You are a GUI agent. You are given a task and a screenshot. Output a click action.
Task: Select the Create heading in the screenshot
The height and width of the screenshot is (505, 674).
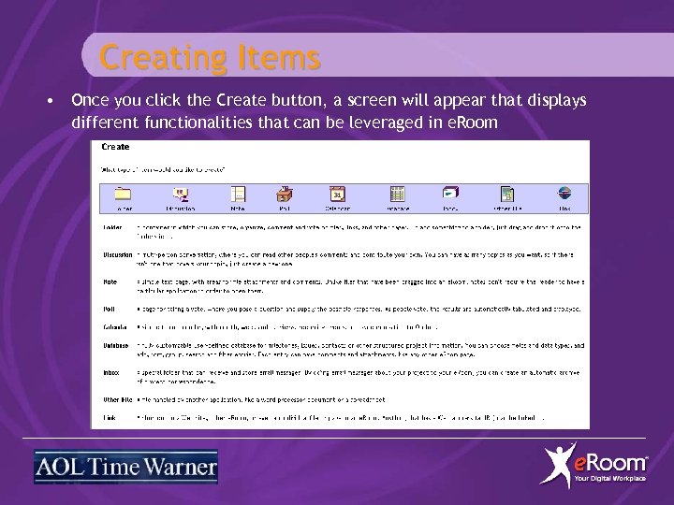115,147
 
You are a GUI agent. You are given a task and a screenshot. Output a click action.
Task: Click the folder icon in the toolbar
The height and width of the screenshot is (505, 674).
123,194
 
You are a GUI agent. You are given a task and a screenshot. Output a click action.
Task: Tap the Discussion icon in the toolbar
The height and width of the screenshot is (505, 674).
182,194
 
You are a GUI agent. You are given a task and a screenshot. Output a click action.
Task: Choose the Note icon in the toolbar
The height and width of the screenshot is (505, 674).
238,194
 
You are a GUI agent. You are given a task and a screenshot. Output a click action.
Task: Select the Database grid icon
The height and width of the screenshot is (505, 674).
397,194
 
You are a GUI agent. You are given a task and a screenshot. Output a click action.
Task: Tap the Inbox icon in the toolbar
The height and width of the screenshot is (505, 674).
450,194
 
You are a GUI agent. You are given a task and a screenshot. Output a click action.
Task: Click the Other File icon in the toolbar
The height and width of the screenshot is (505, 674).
505,194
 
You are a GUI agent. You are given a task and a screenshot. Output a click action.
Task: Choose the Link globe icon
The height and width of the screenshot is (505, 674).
564,194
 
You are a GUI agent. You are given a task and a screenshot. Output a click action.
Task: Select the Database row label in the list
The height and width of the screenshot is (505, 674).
116,345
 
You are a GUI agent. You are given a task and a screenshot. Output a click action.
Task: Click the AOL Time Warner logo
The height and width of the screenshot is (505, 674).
125,467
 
